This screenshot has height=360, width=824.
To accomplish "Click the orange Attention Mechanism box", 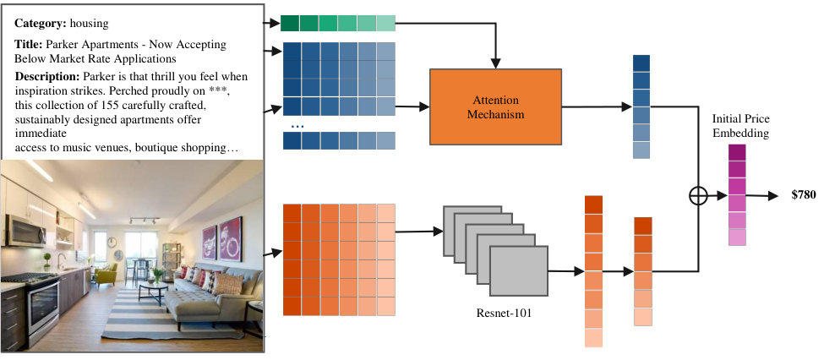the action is (495, 106).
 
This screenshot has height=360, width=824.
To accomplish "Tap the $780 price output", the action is (804, 195).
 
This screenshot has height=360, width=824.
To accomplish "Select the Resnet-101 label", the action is (504, 314).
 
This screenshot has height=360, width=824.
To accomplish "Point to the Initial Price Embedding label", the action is (740, 126).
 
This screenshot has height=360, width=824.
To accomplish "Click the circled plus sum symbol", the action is (698, 196).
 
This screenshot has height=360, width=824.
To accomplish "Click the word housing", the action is (90, 24).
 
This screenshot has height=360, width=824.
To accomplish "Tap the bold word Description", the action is (47, 77).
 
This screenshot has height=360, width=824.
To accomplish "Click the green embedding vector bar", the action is (337, 23).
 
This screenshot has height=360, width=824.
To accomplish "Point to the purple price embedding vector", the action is (737, 195).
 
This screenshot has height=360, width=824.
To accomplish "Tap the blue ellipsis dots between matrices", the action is (297, 127).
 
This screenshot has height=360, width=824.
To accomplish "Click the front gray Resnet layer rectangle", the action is (519, 270).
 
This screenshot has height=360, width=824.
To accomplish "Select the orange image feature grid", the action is (339, 259).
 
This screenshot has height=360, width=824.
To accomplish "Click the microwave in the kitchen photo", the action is (25, 231).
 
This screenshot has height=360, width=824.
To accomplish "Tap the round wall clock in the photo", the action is (112, 243).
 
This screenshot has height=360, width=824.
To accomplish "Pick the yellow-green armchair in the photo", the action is (106, 275).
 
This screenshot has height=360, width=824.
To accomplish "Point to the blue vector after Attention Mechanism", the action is (641, 106).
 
